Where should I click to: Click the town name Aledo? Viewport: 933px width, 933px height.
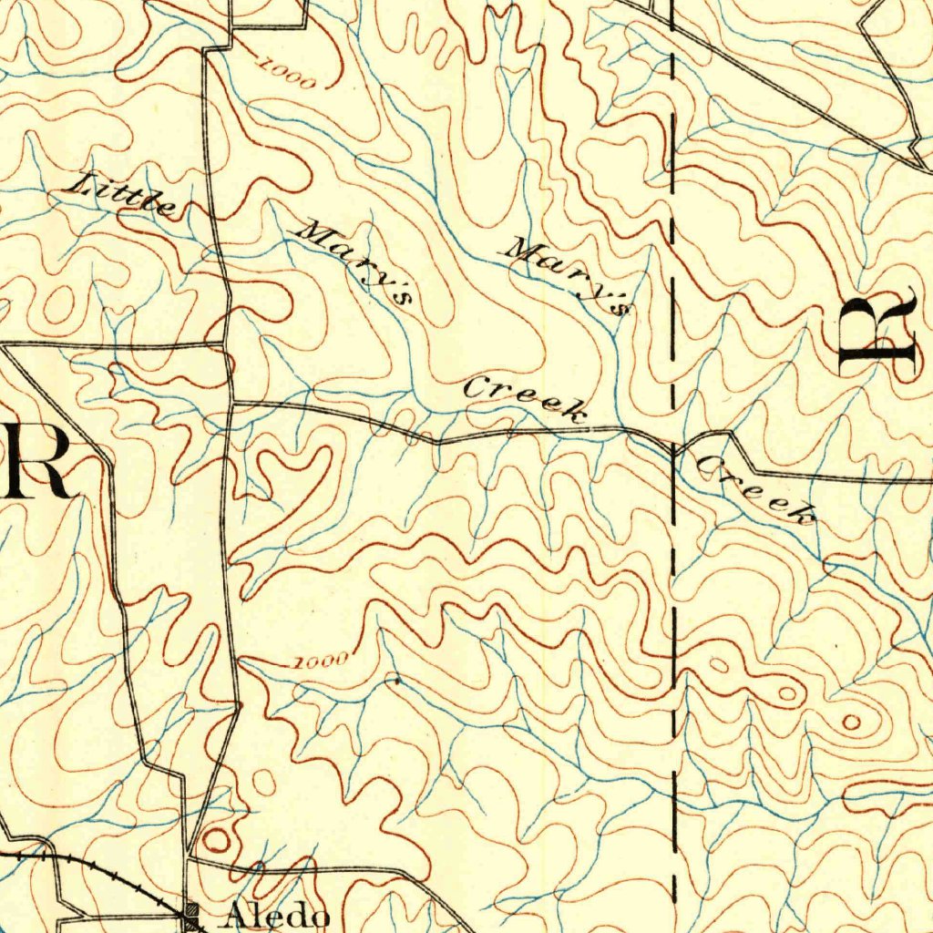tap(277, 914)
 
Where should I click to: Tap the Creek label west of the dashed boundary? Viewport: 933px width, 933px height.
tap(523, 399)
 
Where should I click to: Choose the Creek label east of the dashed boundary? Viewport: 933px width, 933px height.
tap(755, 491)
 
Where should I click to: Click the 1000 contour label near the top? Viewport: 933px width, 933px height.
tap(287, 74)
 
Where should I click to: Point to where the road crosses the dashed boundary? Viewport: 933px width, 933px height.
tap(673, 447)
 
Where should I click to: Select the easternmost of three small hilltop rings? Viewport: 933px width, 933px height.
tap(851, 723)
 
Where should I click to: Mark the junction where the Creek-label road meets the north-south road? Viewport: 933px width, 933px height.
tap(231, 402)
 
